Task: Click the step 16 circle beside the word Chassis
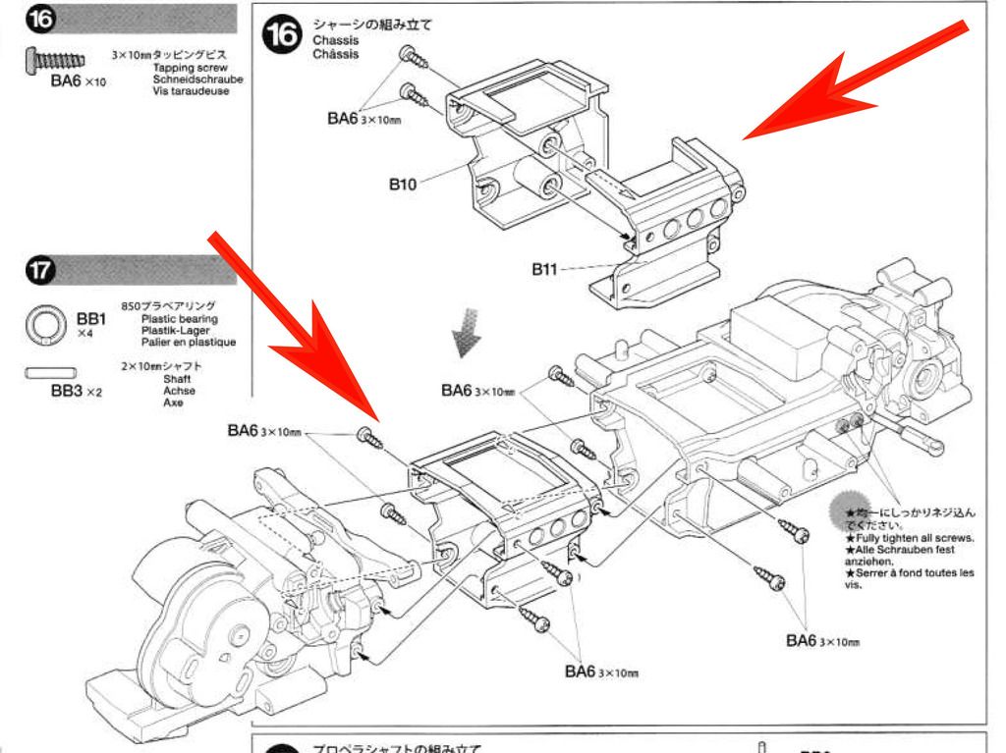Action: [281, 36]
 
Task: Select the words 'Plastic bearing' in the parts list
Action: [180, 319]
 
